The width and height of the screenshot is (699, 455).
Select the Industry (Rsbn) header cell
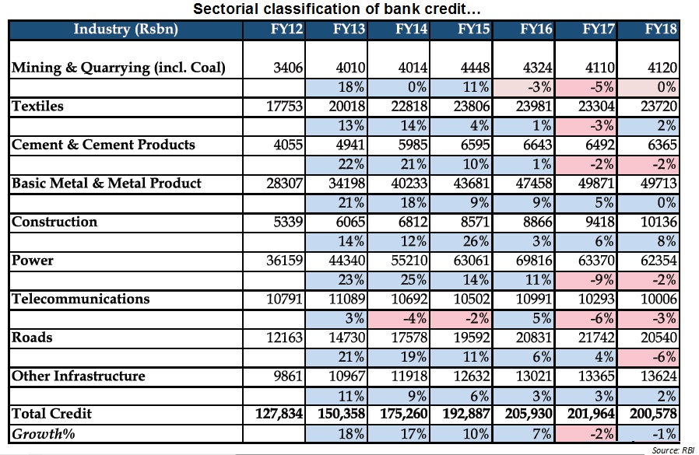pos(126,29)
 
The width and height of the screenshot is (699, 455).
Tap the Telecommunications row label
pos(81,299)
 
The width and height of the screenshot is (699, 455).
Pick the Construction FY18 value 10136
pos(659,222)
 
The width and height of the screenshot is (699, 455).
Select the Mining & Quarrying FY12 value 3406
pos(288,68)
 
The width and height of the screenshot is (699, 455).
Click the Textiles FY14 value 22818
pos(409,106)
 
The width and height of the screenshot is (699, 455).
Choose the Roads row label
pos(32,338)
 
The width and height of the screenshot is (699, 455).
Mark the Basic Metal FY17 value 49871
pos(596,183)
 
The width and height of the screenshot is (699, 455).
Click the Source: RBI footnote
pos(673,450)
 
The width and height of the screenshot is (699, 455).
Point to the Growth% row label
pos(44,433)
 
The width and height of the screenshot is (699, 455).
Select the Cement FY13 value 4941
pos(350,145)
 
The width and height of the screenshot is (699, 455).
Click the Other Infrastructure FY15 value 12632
pos(472,376)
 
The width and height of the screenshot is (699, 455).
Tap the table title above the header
pos(337,9)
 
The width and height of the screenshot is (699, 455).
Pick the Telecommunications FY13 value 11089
pos(347,299)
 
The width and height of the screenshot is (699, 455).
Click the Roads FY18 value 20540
pos(659,338)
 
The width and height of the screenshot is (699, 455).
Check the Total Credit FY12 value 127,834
pos(279,414)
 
